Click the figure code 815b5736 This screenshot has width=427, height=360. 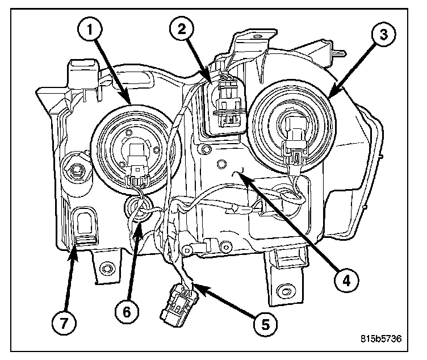[x=380, y=339]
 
